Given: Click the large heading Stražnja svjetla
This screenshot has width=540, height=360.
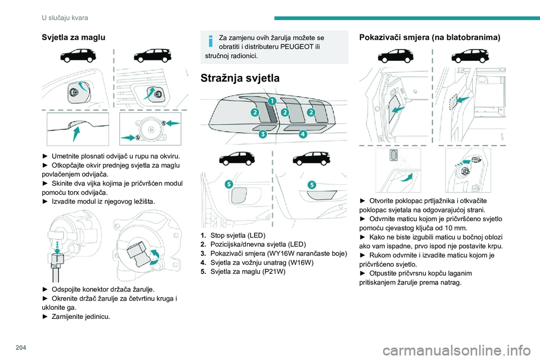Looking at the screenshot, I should (240, 79).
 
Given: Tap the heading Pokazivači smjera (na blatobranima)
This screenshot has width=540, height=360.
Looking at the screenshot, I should (429, 38).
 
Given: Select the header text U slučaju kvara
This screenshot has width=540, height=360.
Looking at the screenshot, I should (65, 18).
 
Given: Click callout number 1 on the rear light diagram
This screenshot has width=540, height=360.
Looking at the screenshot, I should (271, 101).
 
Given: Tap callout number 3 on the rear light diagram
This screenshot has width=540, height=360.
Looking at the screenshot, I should (263, 134).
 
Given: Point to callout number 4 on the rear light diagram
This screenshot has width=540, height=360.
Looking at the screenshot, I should (302, 134).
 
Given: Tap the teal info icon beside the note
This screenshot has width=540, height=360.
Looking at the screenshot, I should (210, 40).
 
